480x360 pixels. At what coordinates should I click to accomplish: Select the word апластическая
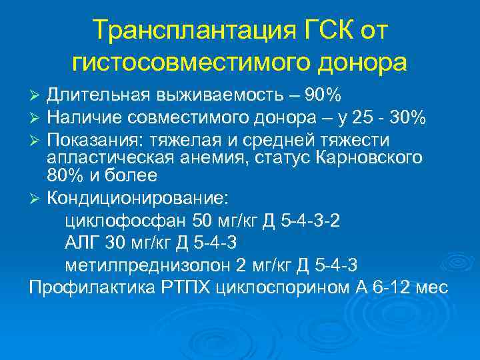113,159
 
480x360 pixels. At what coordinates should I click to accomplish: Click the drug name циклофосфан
126,221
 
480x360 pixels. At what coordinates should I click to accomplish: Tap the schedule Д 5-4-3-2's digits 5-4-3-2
309,221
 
